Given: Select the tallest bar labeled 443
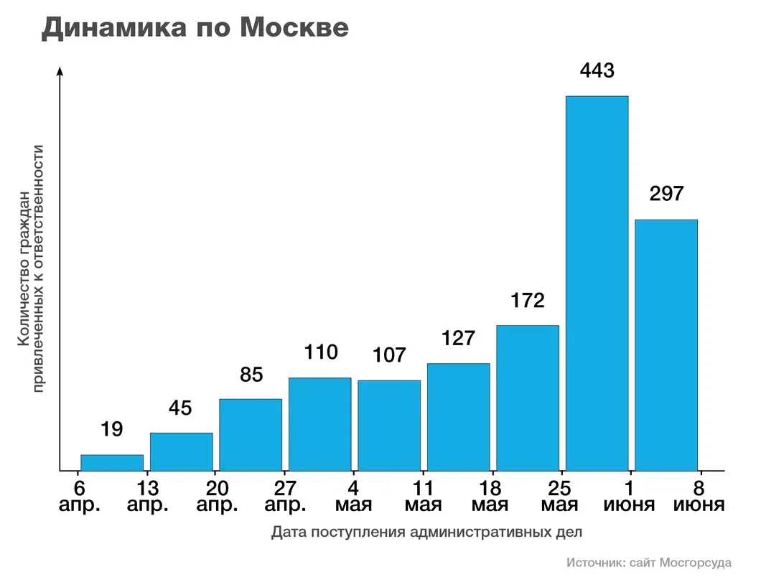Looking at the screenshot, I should click(x=597, y=283).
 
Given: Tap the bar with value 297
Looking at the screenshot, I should click(x=666, y=344).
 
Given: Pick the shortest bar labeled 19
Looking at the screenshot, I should click(x=112, y=463).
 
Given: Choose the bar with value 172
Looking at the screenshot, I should click(x=528, y=398).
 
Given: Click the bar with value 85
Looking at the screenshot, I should click(x=251, y=434).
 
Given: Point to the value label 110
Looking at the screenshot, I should click(x=320, y=352).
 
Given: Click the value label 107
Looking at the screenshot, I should click(x=389, y=355).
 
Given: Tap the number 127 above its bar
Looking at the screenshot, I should click(x=458, y=338).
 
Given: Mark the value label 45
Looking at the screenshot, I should click(x=181, y=408).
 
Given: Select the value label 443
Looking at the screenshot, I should click(x=597, y=71).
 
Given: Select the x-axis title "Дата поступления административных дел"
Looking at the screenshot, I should click(x=427, y=533).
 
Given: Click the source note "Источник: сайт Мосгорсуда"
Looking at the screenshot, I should click(x=648, y=562).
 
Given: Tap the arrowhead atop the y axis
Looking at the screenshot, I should click(x=60, y=70).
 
